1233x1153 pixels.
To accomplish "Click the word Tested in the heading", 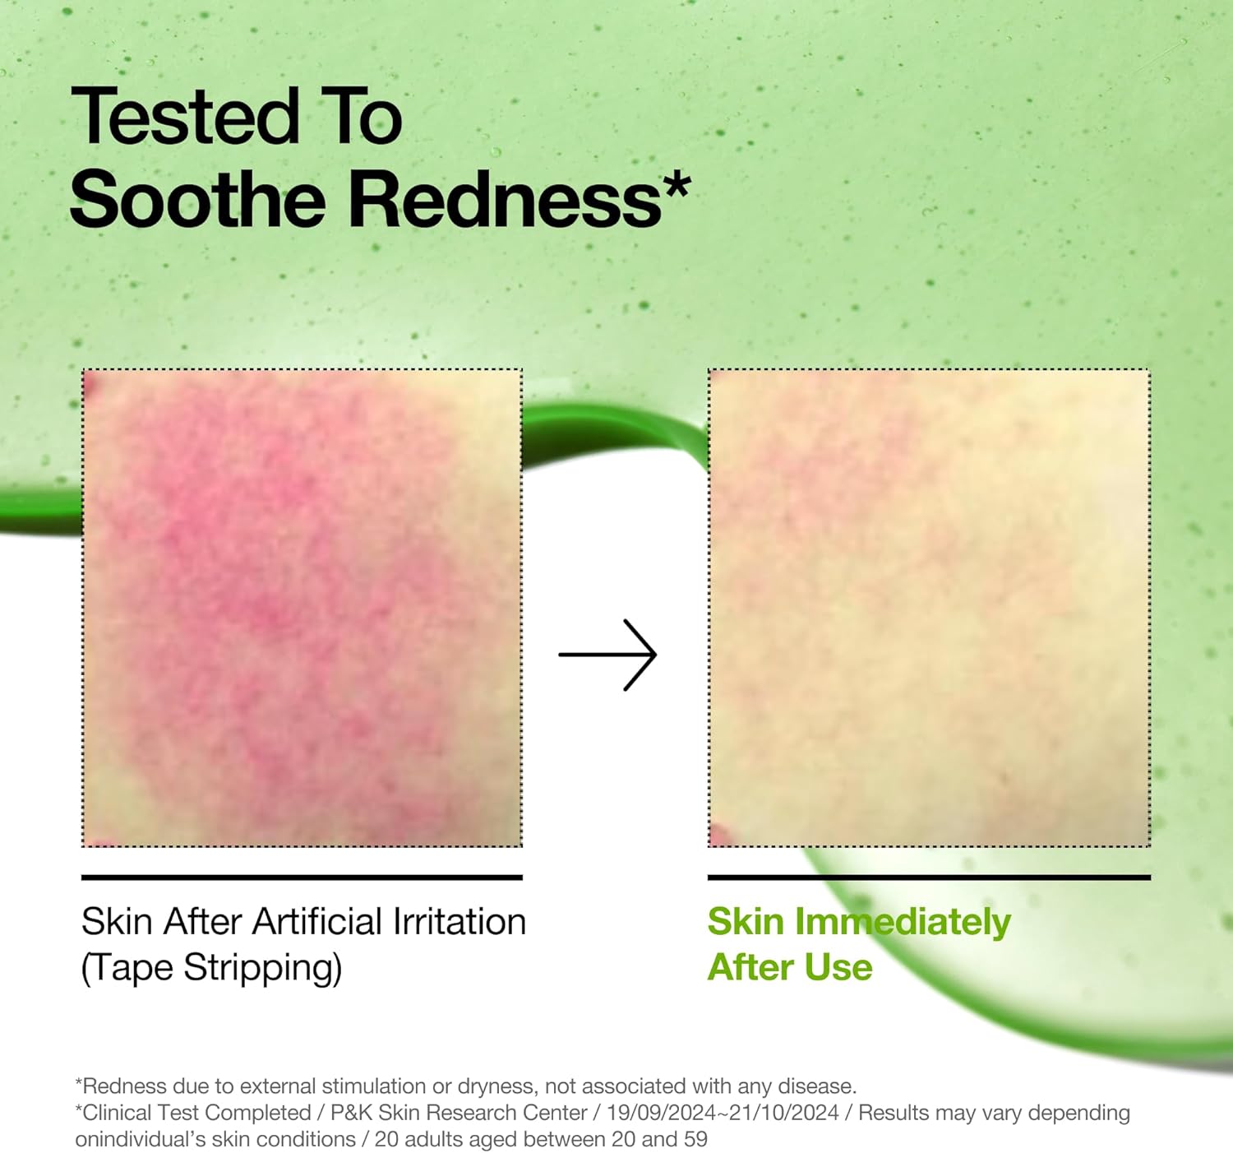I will pyautogui.click(x=185, y=117).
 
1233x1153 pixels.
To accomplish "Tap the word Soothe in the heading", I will pyautogui.click(x=198, y=199).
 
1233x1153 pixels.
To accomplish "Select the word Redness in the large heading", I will pyautogui.click(x=506, y=199).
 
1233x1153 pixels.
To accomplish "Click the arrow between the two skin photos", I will pyautogui.click(x=607, y=655).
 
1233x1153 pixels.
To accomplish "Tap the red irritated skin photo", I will pyautogui.click(x=302, y=608).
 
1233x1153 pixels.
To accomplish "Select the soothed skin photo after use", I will pyautogui.click(x=929, y=608).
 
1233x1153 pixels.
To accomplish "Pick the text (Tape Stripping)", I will pyautogui.click(x=211, y=968).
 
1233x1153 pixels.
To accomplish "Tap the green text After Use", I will pyautogui.click(x=790, y=968).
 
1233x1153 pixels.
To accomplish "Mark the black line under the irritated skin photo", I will pyautogui.click(x=302, y=877).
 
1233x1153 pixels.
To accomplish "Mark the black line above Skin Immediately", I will pyautogui.click(x=929, y=877).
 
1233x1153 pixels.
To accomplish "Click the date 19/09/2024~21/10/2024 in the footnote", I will pyautogui.click(x=723, y=1113).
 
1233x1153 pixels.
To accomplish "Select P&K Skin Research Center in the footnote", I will pyautogui.click(x=459, y=1113).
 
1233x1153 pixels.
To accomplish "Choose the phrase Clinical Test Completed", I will pyautogui.click(x=196, y=1113).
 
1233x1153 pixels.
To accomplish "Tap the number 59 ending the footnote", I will pyautogui.click(x=695, y=1139).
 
